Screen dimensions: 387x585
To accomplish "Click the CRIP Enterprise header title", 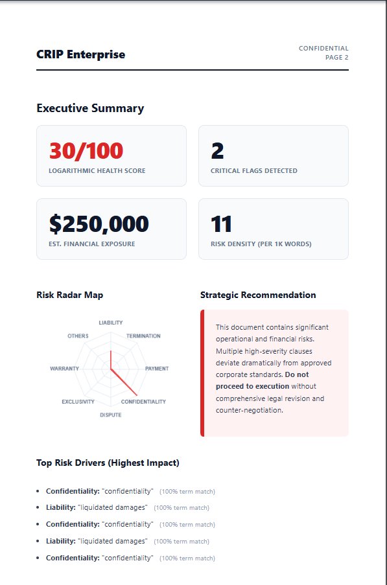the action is (80, 54).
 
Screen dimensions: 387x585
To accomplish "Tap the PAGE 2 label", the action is (336, 58).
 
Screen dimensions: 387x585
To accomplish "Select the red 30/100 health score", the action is (86, 151).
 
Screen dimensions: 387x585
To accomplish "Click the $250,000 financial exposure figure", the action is (99, 224).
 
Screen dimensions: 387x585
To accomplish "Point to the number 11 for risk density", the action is (222, 224).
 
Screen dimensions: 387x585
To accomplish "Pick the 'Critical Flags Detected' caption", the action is (253, 171).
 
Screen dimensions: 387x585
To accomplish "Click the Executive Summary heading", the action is (90, 108).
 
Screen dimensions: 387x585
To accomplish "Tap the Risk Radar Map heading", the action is (69, 295).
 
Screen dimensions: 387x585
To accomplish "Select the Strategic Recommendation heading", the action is (258, 295).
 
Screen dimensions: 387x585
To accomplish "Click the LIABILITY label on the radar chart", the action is (110, 323).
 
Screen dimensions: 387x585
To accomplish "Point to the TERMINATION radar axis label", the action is (143, 336).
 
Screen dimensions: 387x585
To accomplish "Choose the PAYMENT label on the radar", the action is (157, 369).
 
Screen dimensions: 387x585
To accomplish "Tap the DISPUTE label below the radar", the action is (110, 415).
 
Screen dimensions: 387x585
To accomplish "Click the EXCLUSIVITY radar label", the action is (78, 402).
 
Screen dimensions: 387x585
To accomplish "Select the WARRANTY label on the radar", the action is (64, 369).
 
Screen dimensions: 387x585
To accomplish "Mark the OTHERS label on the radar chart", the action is (78, 336).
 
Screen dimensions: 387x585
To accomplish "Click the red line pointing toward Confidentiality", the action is (124, 383).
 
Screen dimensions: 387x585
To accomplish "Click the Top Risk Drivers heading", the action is (108, 463).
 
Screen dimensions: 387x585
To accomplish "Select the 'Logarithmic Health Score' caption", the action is (97, 171).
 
